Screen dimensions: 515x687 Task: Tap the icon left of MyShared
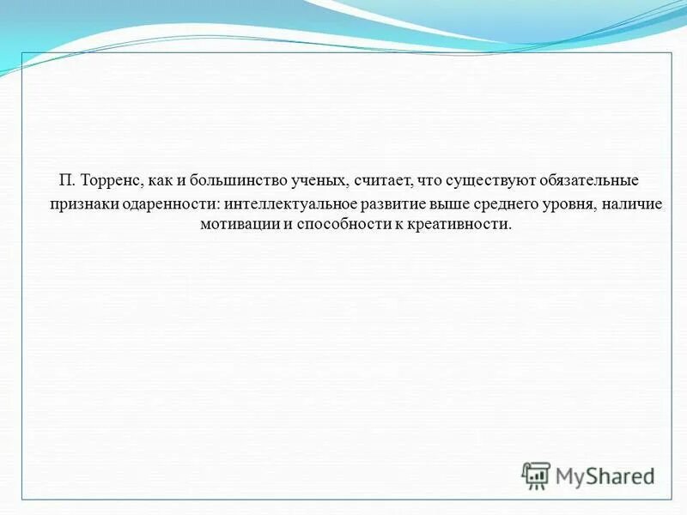pos(536,475)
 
